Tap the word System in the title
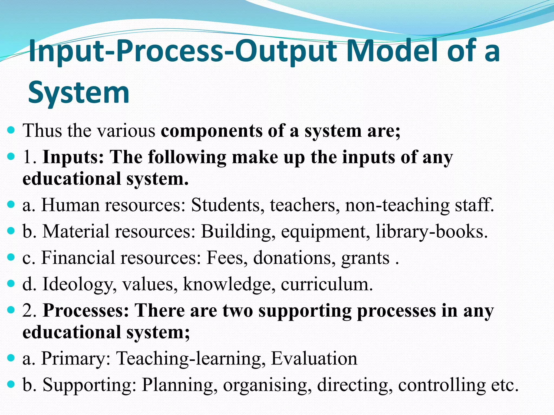coord(79,92)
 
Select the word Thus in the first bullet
coord(42,131)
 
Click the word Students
coord(227,205)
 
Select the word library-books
coord(432,232)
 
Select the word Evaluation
coord(314,359)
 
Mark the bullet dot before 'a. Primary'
coord(11,358)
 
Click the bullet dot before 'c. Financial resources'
coord(11,257)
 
